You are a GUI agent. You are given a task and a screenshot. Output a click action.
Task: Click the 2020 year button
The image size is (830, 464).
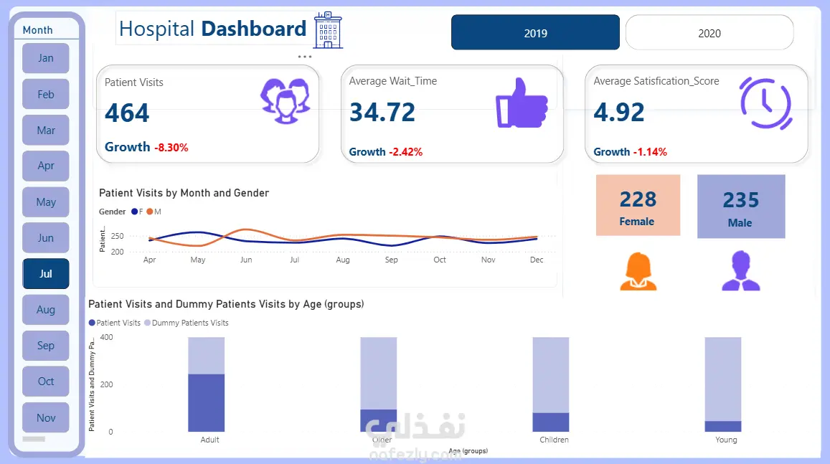[709, 33]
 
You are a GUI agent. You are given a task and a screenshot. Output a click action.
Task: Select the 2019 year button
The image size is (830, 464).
[535, 33]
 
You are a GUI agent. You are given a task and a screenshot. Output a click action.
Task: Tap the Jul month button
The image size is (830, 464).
[46, 274]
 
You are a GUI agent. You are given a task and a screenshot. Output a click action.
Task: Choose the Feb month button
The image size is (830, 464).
[46, 94]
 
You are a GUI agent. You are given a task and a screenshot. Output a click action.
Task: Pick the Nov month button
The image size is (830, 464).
[46, 417]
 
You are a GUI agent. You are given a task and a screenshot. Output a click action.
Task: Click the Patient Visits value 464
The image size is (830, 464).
[127, 113]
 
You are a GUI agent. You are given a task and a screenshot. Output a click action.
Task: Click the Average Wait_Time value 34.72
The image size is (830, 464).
[382, 113]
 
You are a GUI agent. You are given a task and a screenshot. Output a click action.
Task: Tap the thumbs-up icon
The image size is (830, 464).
[522, 102]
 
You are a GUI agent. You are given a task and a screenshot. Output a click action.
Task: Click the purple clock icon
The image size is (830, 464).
[765, 102]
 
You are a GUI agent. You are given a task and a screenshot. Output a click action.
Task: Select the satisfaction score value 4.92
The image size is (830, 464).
[619, 113]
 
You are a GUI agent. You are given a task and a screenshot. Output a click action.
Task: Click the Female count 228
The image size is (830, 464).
[638, 199]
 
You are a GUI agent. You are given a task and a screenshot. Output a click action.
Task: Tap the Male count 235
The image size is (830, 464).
[741, 200]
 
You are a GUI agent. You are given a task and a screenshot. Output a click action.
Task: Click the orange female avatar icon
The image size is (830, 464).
[638, 270]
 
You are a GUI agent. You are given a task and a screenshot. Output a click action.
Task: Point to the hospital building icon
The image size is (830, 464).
[329, 30]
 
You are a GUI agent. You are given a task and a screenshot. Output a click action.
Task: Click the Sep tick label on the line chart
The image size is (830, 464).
[391, 260]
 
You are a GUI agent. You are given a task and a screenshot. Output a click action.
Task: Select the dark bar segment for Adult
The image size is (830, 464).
[207, 402]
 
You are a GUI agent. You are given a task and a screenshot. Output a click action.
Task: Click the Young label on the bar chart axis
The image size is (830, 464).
[726, 440]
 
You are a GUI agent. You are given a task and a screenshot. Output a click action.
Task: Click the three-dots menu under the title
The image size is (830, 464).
[304, 56]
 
